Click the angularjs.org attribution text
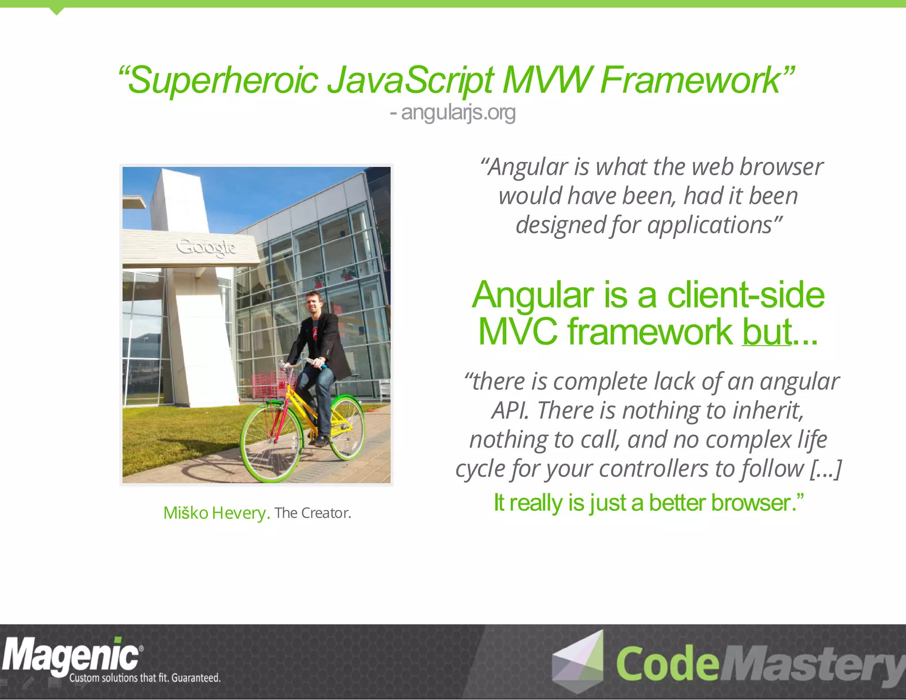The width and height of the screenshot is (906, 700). click(458, 112)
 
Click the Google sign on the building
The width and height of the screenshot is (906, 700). click(206, 247)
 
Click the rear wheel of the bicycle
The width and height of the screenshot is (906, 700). click(347, 427)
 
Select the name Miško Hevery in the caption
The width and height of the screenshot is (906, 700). click(216, 513)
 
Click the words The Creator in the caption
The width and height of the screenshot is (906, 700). click(312, 513)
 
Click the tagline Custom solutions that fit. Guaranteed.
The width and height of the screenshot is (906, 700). click(145, 678)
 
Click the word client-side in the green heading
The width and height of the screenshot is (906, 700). click(746, 295)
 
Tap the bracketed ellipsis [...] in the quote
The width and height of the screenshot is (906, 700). click(825, 469)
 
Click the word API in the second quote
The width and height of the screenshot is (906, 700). click(510, 411)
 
